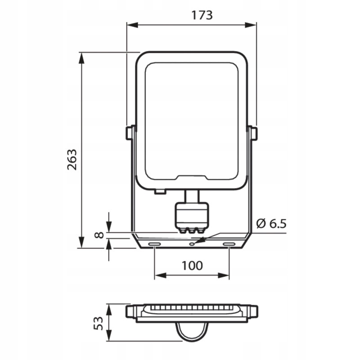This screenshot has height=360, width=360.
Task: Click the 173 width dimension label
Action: pyautogui.click(x=202, y=15)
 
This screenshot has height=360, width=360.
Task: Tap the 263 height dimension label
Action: pyautogui.click(x=72, y=160)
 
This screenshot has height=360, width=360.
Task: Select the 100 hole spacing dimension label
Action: pyautogui.click(x=192, y=265)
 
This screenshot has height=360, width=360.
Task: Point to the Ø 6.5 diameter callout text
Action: pyautogui.click(x=271, y=224)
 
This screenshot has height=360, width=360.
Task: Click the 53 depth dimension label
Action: pyautogui.click(x=99, y=323)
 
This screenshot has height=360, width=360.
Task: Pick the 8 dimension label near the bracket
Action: pyautogui.click(x=99, y=235)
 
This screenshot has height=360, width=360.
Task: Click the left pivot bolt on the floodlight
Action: pyautogui.click(x=130, y=133)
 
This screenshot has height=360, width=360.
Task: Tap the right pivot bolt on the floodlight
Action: pyautogui.click(x=253, y=133)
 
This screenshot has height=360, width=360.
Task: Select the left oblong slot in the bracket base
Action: pyautogui.click(x=154, y=244)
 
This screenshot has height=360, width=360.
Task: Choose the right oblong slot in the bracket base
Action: pyautogui.click(x=229, y=244)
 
